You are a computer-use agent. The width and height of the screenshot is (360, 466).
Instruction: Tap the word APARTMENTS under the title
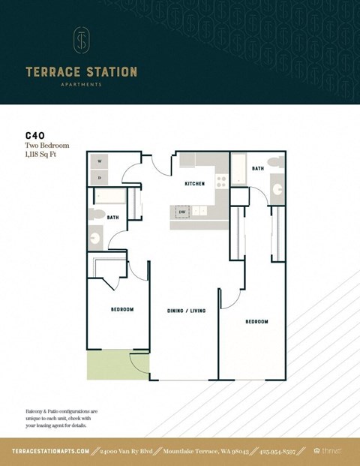[x=81, y=85]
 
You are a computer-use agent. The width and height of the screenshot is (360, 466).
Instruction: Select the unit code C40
[x=36, y=137]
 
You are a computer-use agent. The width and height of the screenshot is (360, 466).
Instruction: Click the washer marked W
[x=100, y=161]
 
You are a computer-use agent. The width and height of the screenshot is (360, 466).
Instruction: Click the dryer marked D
[x=100, y=177]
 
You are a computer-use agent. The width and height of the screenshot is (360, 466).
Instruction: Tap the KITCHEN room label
[x=195, y=183]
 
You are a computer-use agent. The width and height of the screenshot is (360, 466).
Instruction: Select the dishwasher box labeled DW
[x=181, y=212]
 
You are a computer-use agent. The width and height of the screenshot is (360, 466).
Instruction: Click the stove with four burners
[x=221, y=180]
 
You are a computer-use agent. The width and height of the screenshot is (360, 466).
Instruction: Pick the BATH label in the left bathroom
[x=112, y=218]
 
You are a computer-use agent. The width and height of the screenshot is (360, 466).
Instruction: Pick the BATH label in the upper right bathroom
[x=258, y=169]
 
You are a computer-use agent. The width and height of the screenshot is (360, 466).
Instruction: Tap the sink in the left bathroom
[x=96, y=239]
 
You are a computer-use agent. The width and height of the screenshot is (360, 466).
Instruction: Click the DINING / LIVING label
[x=186, y=310]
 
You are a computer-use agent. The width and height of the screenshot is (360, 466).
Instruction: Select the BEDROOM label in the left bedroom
[x=122, y=309]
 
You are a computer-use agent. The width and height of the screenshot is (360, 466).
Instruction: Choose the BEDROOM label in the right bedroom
[x=256, y=321]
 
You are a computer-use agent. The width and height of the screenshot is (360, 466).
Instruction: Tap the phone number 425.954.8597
[x=284, y=451]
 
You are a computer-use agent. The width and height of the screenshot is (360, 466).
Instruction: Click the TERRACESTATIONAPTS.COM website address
[x=51, y=451]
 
